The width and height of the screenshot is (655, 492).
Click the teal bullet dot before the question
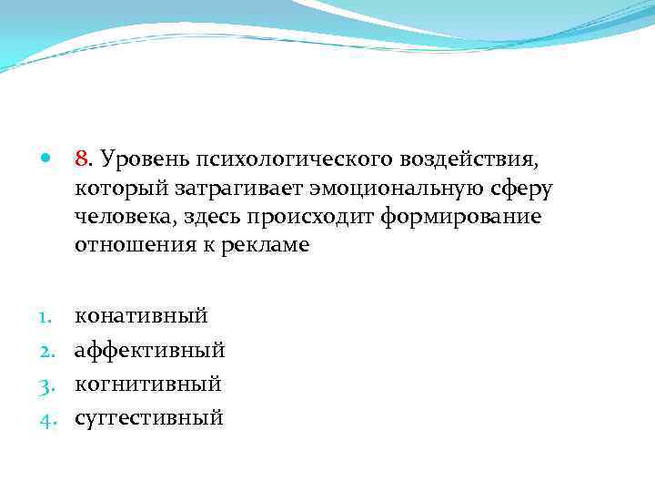pos(45,160)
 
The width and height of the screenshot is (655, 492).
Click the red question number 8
pos(83,160)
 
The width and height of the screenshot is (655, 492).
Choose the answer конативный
pos(141,316)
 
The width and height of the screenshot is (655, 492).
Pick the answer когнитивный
pos(147,384)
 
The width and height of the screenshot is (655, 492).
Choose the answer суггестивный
pos(148,418)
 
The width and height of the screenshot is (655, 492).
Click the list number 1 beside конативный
pos(50,316)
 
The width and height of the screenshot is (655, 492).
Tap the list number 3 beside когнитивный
pos(50,384)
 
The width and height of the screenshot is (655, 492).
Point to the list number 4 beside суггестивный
pos(50,418)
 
